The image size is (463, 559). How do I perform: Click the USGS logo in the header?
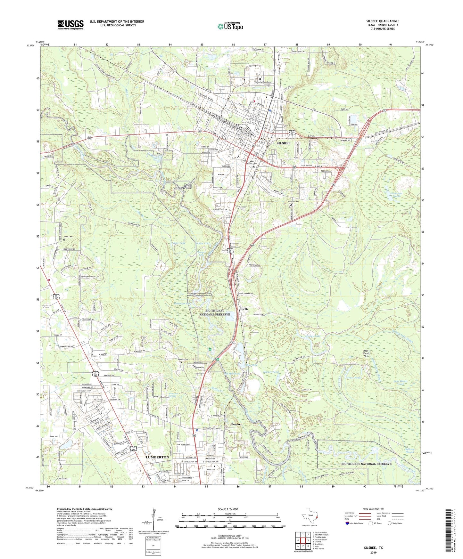(x=70, y=24)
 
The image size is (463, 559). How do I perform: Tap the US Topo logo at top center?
(x=230, y=26)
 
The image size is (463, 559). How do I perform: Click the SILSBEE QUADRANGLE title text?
(x=383, y=21)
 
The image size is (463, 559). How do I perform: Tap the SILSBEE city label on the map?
(x=283, y=143)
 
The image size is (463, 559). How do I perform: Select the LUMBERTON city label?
(x=157, y=457)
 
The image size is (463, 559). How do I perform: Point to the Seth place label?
(x=244, y=309)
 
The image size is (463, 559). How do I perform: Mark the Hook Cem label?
(x=68, y=237)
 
